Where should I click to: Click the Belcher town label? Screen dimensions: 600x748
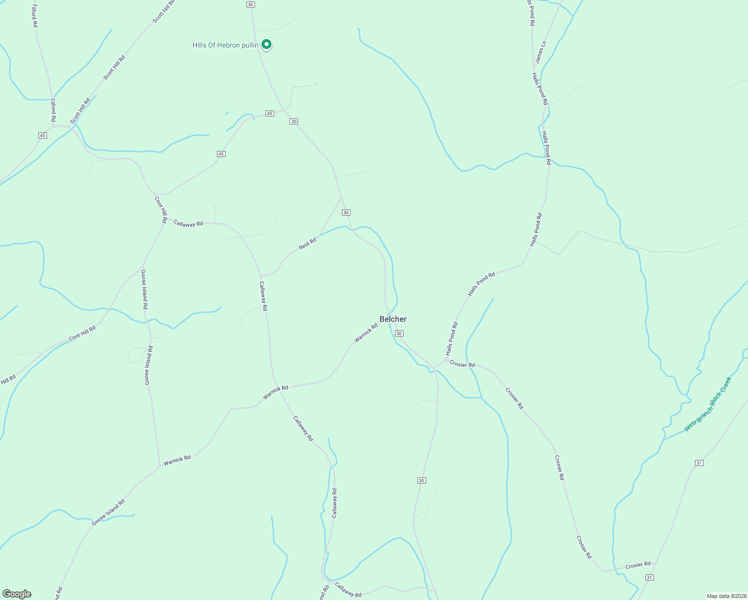(x=393, y=319)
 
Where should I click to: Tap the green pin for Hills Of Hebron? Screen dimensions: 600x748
(x=267, y=44)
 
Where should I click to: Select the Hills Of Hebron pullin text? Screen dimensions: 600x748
(x=225, y=45)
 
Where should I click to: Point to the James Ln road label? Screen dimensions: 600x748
(x=540, y=52)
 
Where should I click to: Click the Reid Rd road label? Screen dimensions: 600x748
(x=307, y=244)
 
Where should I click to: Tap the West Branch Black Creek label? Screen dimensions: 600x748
(x=707, y=404)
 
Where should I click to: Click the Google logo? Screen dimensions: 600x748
(x=17, y=594)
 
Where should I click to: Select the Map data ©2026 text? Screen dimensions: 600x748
(x=726, y=596)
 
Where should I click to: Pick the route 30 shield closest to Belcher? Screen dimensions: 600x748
(x=399, y=333)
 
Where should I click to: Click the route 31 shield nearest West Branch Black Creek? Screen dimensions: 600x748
(x=699, y=463)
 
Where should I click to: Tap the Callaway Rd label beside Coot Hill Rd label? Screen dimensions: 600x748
(x=188, y=223)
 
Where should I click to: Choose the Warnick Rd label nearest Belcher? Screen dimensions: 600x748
(x=366, y=333)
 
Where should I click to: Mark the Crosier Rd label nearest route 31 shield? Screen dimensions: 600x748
(x=638, y=565)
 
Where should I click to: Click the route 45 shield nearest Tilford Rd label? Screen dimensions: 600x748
(x=42, y=135)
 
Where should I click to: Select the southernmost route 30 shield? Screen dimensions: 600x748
(x=421, y=480)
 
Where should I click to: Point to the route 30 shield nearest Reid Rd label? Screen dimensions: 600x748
(x=346, y=212)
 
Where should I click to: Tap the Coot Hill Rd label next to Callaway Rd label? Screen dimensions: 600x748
(x=160, y=209)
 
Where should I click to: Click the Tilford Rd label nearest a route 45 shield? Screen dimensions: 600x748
(x=52, y=110)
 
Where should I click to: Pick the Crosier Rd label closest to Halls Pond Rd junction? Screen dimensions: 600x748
(x=462, y=364)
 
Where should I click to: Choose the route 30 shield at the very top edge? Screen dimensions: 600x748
(x=250, y=4)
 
